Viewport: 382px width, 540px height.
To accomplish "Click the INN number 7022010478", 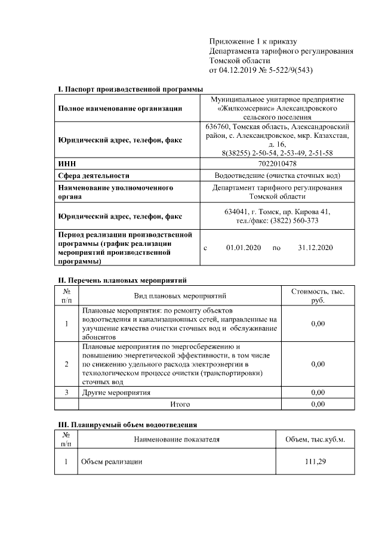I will (x=278, y=163).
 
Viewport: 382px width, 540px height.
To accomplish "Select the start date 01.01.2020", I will (x=241, y=247).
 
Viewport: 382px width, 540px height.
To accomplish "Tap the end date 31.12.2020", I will (x=315, y=247).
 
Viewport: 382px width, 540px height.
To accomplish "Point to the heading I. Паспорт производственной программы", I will (x=131, y=89).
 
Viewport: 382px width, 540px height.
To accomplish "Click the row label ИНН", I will (x=66, y=163).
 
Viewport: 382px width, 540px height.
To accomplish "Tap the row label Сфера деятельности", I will (x=94, y=175).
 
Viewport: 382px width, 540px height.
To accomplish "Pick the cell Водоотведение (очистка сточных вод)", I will (x=278, y=175).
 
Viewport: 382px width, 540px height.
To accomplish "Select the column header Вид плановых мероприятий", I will (x=180, y=296).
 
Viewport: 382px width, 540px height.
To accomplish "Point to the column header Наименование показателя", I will (x=180, y=440).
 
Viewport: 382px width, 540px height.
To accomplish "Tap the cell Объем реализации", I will (x=112, y=462).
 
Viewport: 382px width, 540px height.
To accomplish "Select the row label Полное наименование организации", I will (x=119, y=109).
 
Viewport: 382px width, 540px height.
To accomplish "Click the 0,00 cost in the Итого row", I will (x=318, y=404).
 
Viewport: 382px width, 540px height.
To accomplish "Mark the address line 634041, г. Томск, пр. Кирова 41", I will (x=278, y=212).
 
